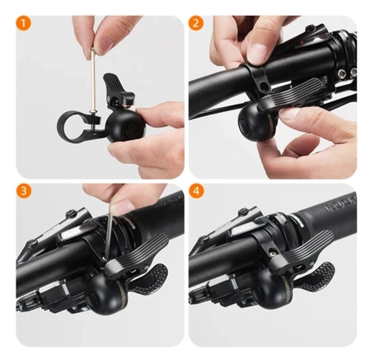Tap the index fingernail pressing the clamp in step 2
(x=256, y=54)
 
